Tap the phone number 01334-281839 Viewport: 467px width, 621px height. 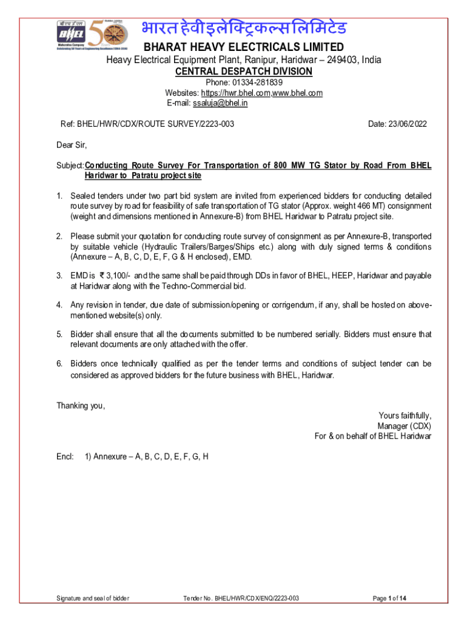pyautogui.click(x=261, y=82)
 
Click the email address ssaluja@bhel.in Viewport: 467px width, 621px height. pyautogui.click(x=220, y=103)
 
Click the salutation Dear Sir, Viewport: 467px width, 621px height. pyautogui.click(x=72, y=145)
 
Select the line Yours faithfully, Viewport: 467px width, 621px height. pyautogui.click(x=405, y=415)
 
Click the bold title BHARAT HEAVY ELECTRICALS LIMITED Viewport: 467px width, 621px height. pyautogui.click(x=243, y=47)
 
